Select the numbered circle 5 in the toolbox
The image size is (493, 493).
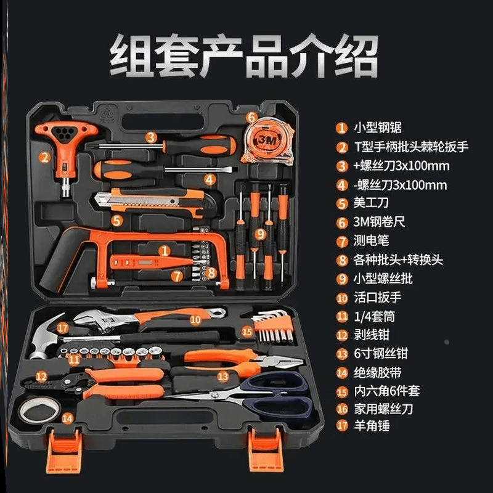click(x=117, y=218)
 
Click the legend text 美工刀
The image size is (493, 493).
click(x=371, y=203)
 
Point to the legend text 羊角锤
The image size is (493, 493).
click(x=371, y=425)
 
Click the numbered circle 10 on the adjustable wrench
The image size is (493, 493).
click(x=195, y=319)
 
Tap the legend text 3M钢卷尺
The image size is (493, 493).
click(x=380, y=221)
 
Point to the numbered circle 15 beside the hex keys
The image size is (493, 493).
click(x=246, y=332)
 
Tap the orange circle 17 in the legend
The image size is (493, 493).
click(x=342, y=426)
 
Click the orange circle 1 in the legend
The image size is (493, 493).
click(x=342, y=129)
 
